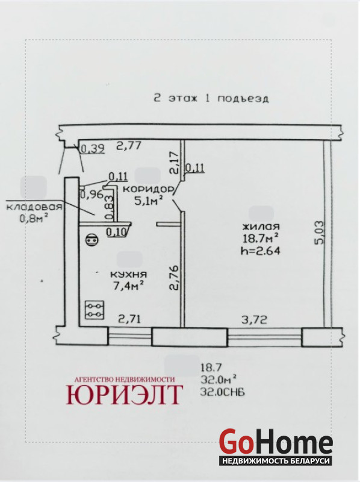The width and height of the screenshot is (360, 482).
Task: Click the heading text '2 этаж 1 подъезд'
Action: pos(211,99)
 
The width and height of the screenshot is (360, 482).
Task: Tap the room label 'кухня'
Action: pos(128,274)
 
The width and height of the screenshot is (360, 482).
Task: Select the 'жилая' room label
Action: pos(261,227)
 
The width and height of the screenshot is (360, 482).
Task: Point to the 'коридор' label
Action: pos(148,189)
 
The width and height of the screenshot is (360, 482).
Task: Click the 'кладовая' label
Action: pos(34,207)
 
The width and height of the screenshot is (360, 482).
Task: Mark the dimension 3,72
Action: pos(254,320)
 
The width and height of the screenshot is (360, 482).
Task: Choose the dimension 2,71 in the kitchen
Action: pos(129,319)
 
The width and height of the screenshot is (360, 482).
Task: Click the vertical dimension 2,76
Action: pos(173,278)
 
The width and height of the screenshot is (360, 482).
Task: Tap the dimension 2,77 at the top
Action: pos(129,145)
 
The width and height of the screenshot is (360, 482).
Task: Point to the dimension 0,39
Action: pos(93,149)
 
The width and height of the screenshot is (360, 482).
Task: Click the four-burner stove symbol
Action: pos(94,310)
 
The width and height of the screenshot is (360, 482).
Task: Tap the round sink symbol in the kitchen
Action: pos(92,240)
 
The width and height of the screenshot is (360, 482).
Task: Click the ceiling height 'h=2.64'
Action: pos(261,251)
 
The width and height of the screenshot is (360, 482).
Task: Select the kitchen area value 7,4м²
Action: pos(129,286)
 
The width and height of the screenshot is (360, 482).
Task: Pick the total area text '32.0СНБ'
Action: pos(222,392)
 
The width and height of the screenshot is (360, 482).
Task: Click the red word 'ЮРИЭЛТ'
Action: pos(125,395)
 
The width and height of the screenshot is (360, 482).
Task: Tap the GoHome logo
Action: pos(276,446)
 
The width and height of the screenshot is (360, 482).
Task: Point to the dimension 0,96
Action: pos(92,195)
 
